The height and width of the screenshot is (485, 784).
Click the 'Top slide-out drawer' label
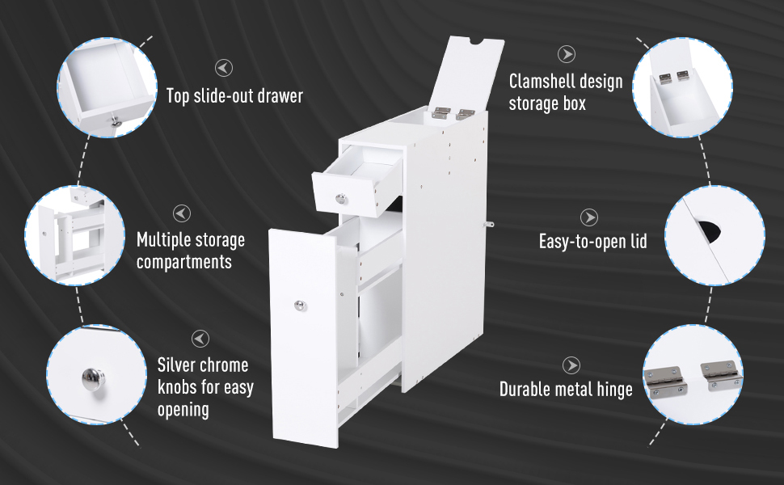coord(234,95)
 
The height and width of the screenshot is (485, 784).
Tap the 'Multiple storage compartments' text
coord(191,251)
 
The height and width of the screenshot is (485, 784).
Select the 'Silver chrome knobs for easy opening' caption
coord(205,387)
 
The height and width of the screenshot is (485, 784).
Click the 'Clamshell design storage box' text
coord(566,92)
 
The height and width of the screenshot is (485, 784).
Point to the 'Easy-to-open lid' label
coord(593,242)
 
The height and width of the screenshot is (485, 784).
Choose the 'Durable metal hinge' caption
coord(566,389)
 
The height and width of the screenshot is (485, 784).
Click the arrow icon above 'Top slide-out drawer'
coord(224,68)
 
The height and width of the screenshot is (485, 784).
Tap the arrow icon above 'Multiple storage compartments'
coord(182,213)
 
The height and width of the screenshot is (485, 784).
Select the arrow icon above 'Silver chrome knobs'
coord(200,339)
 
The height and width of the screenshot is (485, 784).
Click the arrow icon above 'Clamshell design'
coord(567,54)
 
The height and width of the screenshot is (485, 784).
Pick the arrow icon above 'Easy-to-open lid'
coord(589,217)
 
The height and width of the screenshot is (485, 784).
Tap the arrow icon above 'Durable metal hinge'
coord(571,365)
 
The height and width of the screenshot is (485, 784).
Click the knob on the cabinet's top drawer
coord(341,199)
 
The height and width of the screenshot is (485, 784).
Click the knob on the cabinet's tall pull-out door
coord(300,306)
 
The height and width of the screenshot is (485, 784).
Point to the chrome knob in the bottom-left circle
coord(94,378)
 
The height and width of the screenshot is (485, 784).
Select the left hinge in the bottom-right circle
coord(664,380)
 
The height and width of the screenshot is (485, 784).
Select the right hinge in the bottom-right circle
coord(720,375)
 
